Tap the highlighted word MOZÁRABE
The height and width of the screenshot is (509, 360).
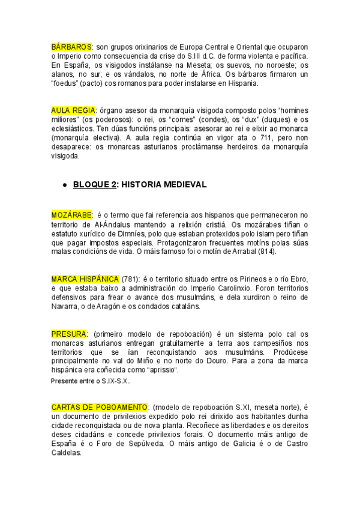71,215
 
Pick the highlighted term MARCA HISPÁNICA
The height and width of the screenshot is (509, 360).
85,280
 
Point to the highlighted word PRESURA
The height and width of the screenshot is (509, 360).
69,334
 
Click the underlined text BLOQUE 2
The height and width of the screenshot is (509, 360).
95,185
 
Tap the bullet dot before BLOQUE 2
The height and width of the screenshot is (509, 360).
64,185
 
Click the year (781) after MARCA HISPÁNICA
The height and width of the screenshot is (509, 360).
130,280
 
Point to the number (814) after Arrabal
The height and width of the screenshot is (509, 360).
266,251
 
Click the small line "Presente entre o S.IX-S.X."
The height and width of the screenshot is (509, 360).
91,381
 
